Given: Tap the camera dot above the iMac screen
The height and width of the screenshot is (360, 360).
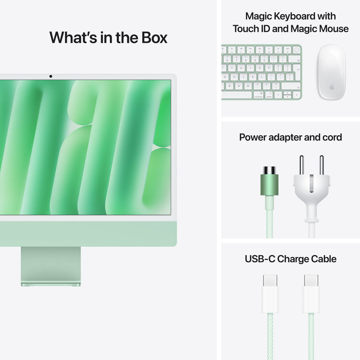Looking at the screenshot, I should (51, 77).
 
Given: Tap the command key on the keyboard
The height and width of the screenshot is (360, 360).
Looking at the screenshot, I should (257, 94).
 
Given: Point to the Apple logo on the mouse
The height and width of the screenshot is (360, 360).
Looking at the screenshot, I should (332, 87).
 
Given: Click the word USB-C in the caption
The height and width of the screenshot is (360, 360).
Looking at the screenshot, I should (259, 259).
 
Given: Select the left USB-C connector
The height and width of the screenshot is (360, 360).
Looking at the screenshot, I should (270, 293).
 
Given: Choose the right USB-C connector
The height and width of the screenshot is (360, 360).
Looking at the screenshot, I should (311, 293).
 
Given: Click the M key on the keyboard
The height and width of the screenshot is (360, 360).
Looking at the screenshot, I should (248, 85).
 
